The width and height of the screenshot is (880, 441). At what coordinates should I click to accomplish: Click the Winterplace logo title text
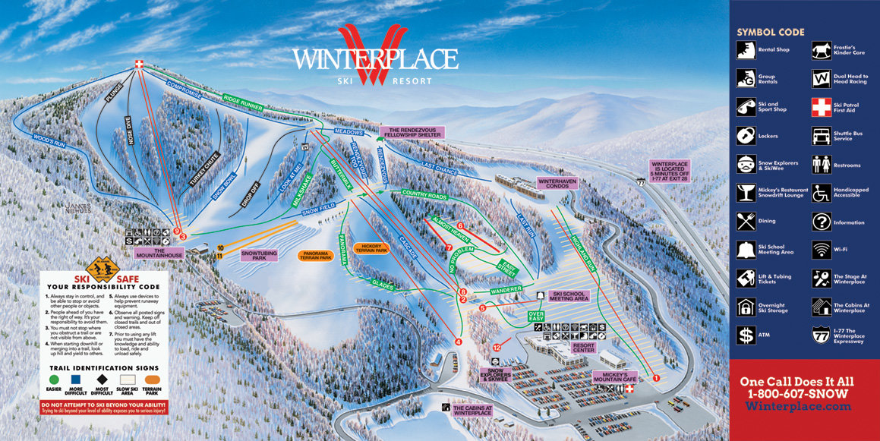click(x=375, y=59)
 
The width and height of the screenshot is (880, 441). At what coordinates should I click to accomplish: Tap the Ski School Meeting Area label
click(x=571, y=297)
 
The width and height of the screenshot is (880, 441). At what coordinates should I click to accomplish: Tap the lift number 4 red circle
click(x=458, y=342)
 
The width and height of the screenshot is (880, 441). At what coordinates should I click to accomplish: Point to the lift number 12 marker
click(x=497, y=347)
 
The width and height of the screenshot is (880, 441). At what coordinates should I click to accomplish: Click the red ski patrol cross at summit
click(x=137, y=65)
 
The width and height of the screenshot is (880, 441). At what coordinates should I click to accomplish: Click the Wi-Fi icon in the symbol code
click(x=821, y=250)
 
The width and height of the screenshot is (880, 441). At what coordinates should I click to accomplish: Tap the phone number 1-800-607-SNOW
click(x=803, y=393)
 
